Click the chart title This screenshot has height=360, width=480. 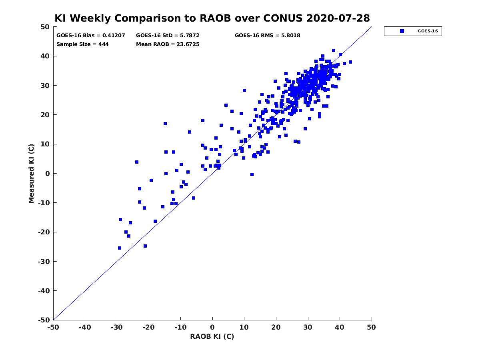(212, 18)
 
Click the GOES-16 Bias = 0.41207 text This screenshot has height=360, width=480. (90, 36)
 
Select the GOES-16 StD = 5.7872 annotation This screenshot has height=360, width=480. (168, 36)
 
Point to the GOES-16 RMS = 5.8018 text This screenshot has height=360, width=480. (267, 36)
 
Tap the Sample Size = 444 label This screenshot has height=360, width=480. (82, 44)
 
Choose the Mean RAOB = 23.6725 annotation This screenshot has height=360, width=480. (168, 44)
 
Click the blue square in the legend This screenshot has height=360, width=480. (402, 31)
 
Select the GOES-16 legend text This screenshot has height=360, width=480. (428, 31)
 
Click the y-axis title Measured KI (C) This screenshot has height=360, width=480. (31, 173)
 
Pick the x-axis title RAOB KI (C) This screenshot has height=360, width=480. (212, 336)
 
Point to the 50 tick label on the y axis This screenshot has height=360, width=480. (45, 27)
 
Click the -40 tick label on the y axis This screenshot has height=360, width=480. (44, 291)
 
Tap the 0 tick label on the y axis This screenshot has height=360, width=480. (48, 174)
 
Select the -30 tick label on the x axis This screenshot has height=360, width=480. (117, 327)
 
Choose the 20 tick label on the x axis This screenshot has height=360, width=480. (276, 327)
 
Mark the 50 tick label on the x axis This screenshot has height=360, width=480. (371, 327)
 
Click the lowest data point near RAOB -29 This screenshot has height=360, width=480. (119, 248)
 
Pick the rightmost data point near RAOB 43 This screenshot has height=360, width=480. (350, 62)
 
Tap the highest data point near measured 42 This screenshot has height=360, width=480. (334, 50)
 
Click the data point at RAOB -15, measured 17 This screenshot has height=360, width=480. (165, 124)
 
